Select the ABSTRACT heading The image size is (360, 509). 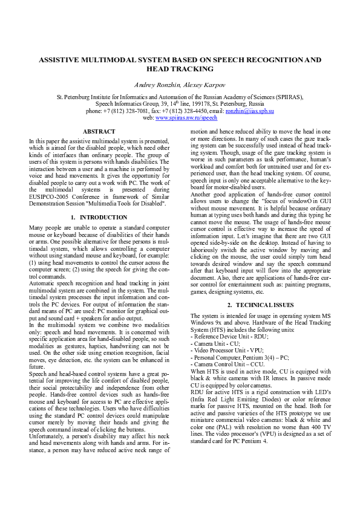tap(99, 131)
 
